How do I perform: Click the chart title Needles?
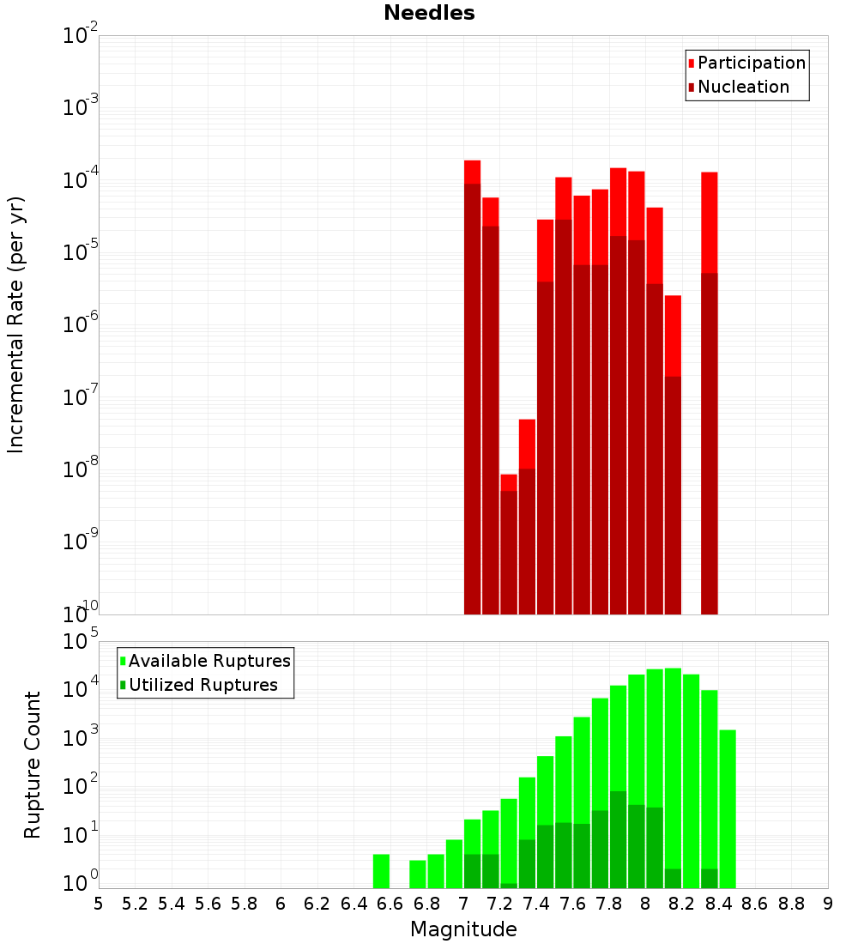[429, 13]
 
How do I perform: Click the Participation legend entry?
[752, 63]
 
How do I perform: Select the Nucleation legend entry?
[743, 87]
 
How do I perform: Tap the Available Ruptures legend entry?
[209, 661]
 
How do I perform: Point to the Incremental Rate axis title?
[16, 324]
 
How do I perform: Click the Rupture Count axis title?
[33, 764]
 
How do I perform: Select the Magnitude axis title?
[463, 929]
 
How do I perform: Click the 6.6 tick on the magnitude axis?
[390, 904]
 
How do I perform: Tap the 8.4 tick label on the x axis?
[718, 904]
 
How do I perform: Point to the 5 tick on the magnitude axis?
[99, 904]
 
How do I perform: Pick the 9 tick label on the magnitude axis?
[828, 904]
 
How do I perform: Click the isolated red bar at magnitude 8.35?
[709, 386]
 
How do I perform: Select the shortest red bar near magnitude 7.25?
[509, 549]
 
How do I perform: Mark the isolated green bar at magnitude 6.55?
[381, 871]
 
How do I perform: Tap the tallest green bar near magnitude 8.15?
[673, 772]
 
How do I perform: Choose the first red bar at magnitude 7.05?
[472, 386]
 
